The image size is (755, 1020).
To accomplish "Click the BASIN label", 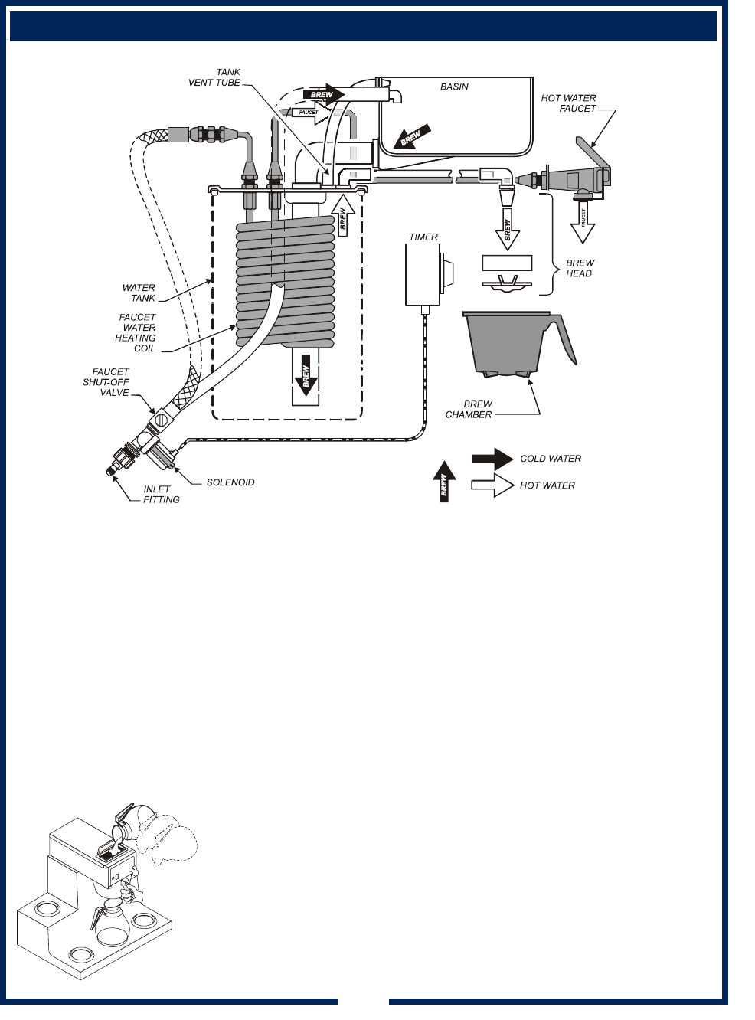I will (x=454, y=87).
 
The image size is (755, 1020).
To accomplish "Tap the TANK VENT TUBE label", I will (x=215, y=77).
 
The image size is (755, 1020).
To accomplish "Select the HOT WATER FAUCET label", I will (x=568, y=103).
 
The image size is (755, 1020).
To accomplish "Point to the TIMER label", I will (x=423, y=237).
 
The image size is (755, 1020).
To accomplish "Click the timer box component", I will (x=423, y=274).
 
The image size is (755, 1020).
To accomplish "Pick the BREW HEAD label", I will (x=580, y=268).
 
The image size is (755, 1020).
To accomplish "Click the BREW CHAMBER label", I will (x=469, y=409).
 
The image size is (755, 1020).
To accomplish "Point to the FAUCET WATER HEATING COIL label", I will (x=136, y=332).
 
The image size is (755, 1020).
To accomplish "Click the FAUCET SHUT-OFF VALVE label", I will (x=106, y=382).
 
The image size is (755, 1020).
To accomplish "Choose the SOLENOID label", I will (x=230, y=482).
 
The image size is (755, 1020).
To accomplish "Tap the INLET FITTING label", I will (x=161, y=494).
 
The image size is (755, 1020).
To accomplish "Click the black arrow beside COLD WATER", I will (x=492, y=459).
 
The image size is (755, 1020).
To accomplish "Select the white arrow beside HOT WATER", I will (x=492, y=485).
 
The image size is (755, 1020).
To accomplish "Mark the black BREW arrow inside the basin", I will (x=410, y=137).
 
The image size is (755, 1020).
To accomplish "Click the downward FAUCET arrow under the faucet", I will (x=583, y=222).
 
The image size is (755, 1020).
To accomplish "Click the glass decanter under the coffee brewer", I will (x=112, y=924).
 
